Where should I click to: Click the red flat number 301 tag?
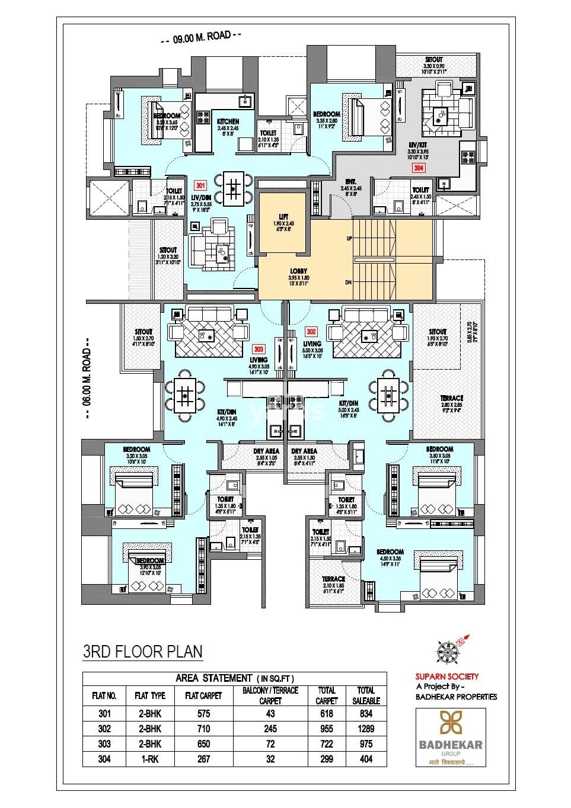(199, 184)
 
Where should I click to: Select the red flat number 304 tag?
(419, 168)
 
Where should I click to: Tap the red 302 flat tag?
(311, 332)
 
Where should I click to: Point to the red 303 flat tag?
(258, 349)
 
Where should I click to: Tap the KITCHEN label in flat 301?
(227, 121)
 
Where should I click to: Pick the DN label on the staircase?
(349, 282)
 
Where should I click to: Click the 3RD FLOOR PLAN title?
(142, 652)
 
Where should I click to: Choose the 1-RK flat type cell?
(150, 759)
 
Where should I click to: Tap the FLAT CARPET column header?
(203, 695)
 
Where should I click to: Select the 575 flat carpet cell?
(203, 714)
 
